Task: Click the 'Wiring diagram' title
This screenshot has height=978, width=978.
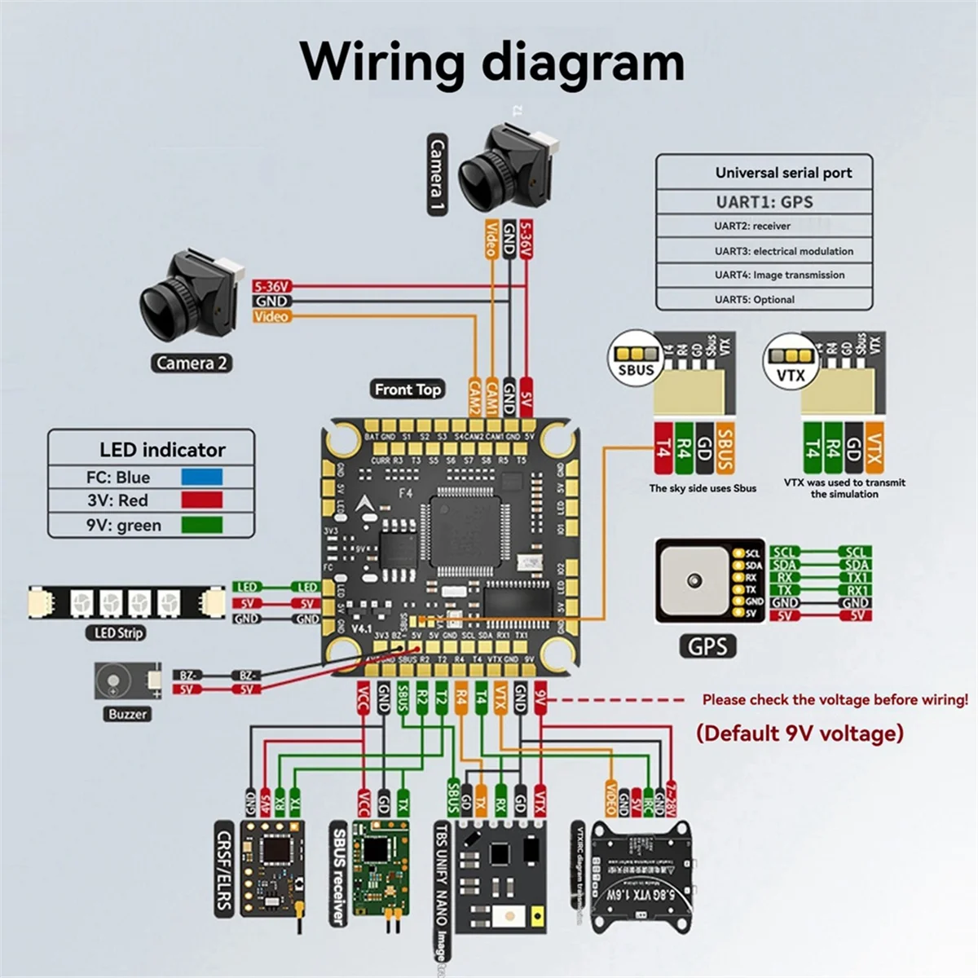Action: [x=492, y=61]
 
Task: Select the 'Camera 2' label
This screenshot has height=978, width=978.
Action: [x=192, y=363]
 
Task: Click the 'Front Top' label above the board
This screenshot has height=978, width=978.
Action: [x=407, y=390]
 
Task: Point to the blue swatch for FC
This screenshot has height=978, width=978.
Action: [x=201, y=478]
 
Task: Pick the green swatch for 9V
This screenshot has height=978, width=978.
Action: [x=201, y=525]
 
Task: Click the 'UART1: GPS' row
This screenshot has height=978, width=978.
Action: [x=764, y=201]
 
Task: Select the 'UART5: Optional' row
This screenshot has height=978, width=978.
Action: [x=754, y=299]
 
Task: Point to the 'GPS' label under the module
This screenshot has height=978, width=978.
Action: [x=707, y=647]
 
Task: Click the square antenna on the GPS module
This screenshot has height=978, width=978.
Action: [x=694, y=579]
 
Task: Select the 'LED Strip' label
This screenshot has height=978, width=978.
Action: [x=118, y=632]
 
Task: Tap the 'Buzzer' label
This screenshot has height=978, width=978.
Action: [x=128, y=714]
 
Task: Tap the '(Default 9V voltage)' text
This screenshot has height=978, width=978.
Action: [x=800, y=733]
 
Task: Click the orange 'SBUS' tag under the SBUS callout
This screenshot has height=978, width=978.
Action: [x=725, y=448]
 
